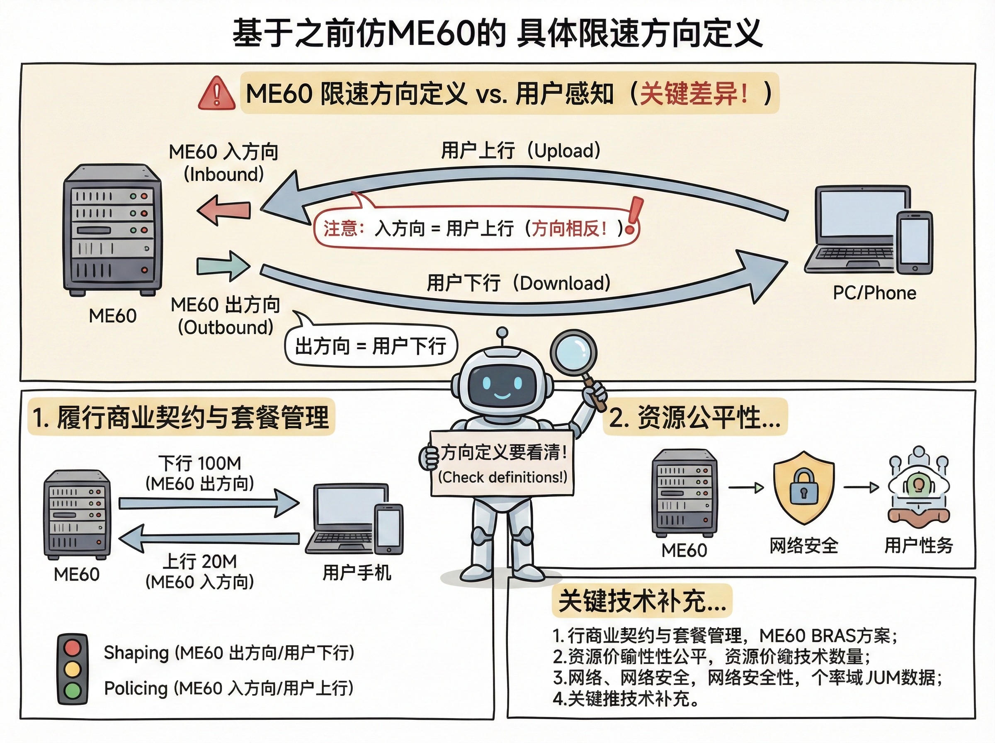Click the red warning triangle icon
point(217,94)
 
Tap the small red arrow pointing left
point(223,210)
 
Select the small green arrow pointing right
point(223,266)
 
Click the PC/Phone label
point(874,293)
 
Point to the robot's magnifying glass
point(574,352)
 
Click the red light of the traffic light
point(73,648)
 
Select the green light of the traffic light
point(73,690)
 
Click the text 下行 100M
point(200,463)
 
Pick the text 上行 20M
point(200,561)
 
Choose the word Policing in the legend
point(136,688)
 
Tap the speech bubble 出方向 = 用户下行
point(371,346)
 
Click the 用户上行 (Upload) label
point(521,151)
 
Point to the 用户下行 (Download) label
point(518,283)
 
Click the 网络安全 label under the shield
point(804,546)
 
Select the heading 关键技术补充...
point(642,601)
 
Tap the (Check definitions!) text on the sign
point(502,477)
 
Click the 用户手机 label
point(357,573)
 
